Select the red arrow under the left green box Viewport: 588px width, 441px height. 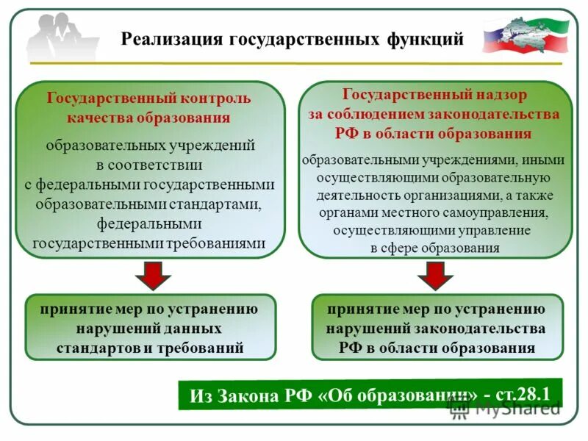[x=152, y=276]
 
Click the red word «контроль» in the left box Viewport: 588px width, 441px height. [x=217, y=98]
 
